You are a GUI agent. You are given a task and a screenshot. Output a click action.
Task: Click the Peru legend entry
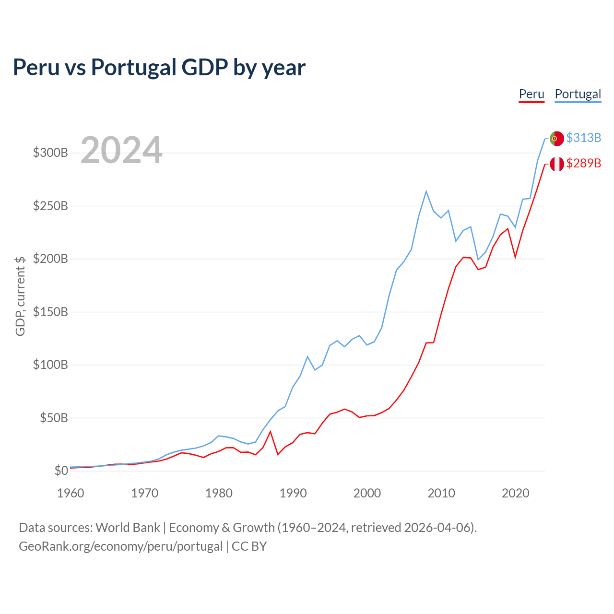[531, 94]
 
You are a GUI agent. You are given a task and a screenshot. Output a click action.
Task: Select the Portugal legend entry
[578, 94]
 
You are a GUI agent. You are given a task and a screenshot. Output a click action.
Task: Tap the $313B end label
[583, 138]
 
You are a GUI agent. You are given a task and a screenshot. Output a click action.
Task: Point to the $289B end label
[583, 164]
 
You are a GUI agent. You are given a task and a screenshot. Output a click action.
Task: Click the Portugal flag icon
[556, 138]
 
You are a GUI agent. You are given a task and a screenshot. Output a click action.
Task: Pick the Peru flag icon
[556, 164]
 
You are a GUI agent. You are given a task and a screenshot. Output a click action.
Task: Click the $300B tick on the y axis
[50, 153]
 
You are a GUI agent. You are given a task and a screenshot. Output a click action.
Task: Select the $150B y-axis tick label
[50, 312]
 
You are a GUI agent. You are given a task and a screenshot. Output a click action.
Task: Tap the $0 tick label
[61, 471]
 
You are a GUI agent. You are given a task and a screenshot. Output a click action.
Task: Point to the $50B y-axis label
[53, 418]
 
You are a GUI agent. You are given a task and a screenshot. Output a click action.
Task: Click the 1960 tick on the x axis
[71, 493]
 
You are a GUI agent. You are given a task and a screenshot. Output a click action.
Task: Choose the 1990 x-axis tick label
[293, 493]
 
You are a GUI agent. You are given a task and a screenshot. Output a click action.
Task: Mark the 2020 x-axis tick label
[515, 493]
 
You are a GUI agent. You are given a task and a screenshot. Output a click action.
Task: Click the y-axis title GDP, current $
[20, 296]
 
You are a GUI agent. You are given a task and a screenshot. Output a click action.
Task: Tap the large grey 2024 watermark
[121, 151]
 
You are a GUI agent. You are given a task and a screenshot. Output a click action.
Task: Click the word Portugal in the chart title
[134, 67]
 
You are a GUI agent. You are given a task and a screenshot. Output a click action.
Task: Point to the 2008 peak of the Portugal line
[426, 191]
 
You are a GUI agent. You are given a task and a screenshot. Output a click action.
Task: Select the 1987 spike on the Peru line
[270, 432]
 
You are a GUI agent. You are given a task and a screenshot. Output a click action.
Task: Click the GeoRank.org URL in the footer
[120, 546]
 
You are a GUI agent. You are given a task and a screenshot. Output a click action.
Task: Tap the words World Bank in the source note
[128, 528]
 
